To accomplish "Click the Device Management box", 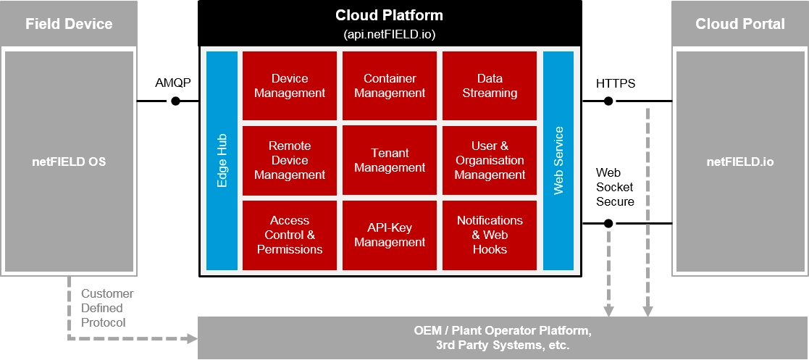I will (x=290, y=85).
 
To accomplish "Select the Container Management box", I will (x=390, y=85).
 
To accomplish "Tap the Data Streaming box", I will (x=490, y=85).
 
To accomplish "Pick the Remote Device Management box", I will (x=290, y=160).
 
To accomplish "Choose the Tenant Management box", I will (x=390, y=160).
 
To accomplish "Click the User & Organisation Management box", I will (x=490, y=160).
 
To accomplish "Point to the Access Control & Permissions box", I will (x=290, y=235).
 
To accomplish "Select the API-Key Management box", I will (x=390, y=235).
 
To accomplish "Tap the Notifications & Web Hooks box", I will (x=490, y=235).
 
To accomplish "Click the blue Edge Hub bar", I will (x=222, y=160).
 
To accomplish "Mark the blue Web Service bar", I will (x=558, y=160).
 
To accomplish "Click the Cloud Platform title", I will (x=389, y=15).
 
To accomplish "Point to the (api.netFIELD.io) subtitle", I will (x=389, y=34).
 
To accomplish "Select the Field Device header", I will (x=69, y=24).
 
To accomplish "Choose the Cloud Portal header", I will (x=739, y=24).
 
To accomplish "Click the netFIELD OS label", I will (x=69, y=162).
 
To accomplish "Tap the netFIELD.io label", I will (x=739, y=162).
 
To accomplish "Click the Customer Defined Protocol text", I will (x=107, y=308).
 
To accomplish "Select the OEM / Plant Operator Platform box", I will (x=503, y=338).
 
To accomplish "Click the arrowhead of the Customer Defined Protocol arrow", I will (x=193, y=338).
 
